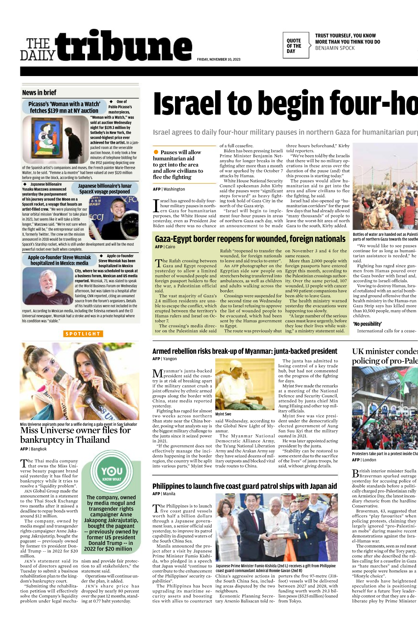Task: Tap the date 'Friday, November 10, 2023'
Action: [x=219, y=59]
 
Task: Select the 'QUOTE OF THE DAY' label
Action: [x=294, y=46]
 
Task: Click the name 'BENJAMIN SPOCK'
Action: [x=335, y=48]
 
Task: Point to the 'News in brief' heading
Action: [x=39, y=92]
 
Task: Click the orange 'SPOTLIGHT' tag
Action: [x=83, y=334]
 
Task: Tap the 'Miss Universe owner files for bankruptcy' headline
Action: [x=75, y=435]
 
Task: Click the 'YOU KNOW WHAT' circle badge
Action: [x=112, y=473]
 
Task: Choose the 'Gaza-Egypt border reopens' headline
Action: [x=250, y=239]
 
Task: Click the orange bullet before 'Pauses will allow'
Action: [x=156, y=152]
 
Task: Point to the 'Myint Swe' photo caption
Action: [x=223, y=414]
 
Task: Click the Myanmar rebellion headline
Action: [x=245, y=351]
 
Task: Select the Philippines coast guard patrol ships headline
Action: [x=244, y=486]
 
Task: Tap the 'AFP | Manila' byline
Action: [x=164, y=494]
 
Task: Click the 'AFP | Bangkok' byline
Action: [x=33, y=449]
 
